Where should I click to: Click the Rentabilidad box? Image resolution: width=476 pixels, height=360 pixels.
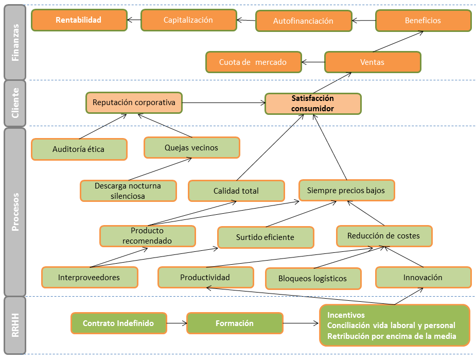coord(79,21)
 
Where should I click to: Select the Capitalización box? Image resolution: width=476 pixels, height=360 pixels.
coord(188,21)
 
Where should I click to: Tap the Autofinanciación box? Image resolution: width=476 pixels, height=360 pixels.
coord(303,21)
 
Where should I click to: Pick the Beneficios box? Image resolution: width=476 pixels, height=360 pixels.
coord(423,21)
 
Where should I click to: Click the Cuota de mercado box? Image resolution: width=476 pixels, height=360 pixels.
coord(253,62)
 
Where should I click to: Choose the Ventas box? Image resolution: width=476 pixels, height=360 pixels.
coord(372,62)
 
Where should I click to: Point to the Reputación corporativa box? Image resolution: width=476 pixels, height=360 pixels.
coord(134,102)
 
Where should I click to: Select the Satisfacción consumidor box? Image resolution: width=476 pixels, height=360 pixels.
coord(313,104)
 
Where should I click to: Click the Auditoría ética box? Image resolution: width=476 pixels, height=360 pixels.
coord(79,149)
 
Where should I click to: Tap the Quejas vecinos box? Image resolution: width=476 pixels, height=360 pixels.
coord(191,148)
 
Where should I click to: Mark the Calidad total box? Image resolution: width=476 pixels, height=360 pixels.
coord(236,191)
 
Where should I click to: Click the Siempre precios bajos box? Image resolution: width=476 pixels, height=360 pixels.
coord(346,190)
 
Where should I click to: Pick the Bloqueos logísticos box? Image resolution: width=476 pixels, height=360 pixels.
coord(312,279)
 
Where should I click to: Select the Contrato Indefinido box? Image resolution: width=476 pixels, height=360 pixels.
coord(118,323)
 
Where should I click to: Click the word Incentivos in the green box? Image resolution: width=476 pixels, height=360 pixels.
coord(346,315)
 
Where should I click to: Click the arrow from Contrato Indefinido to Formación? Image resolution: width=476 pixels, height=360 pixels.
coord(177,323)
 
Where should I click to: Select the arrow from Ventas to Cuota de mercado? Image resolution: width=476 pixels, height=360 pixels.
coord(313,62)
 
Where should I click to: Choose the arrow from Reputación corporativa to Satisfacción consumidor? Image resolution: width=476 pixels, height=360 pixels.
coord(223,103)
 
